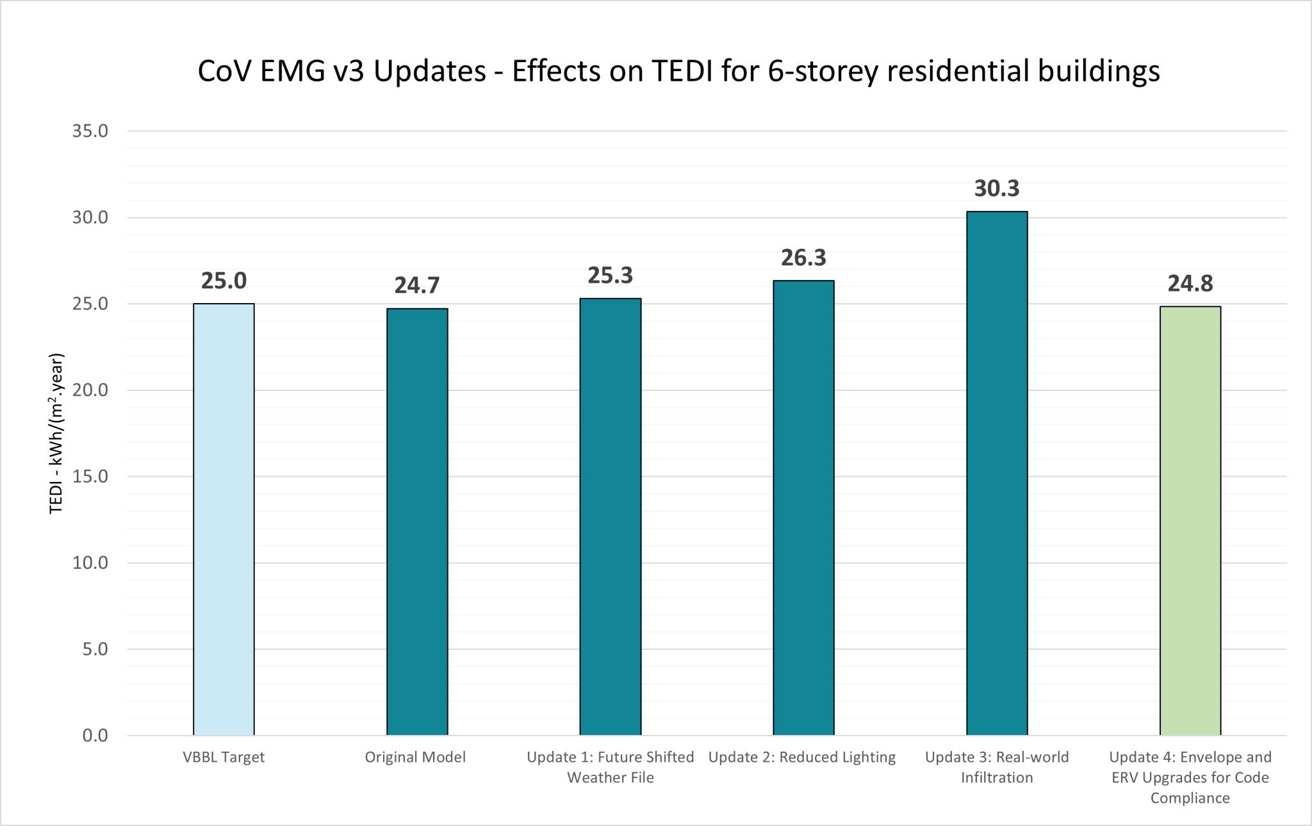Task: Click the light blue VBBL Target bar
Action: click(x=224, y=519)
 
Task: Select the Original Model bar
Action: click(x=417, y=522)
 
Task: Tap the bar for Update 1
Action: click(x=611, y=516)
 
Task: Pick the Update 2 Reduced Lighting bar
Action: click(x=803, y=508)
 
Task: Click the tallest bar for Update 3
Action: click(x=997, y=473)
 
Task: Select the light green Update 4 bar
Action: click(x=1190, y=520)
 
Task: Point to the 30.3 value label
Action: click(x=997, y=188)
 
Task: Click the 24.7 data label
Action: click(x=417, y=285)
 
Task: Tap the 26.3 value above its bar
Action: click(x=803, y=258)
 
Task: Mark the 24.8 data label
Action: click(x=1190, y=283)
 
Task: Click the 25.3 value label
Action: click(x=611, y=276)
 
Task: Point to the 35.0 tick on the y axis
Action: click(x=90, y=131)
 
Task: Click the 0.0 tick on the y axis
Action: click(x=95, y=736)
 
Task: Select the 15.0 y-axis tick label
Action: click(x=90, y=476)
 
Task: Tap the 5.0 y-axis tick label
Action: click(x=95, y=649)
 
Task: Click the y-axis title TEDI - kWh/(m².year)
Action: click(x=57, y=433)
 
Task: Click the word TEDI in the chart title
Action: click(x=682, y=70)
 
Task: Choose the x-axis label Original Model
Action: click(x=415, y=757)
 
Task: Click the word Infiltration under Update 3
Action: click(x=997, y=778)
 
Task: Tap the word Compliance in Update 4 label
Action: click(x=1190, y=798)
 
